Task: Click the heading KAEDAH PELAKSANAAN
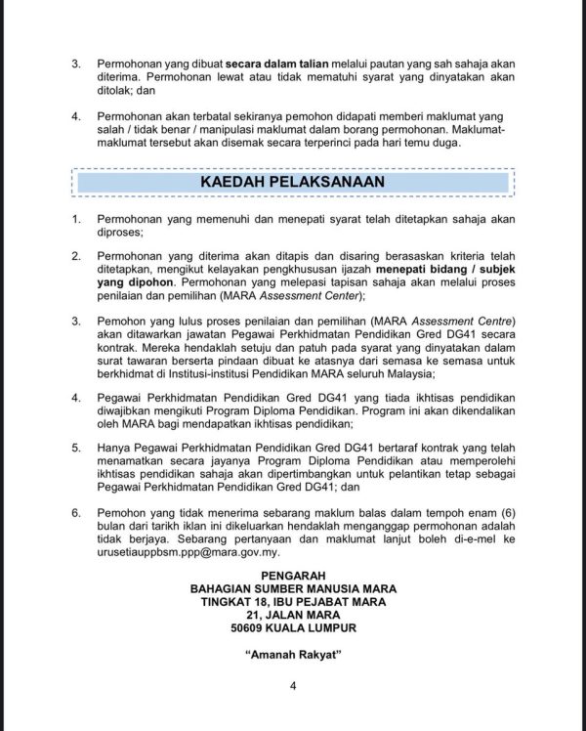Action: coord(293,182)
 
